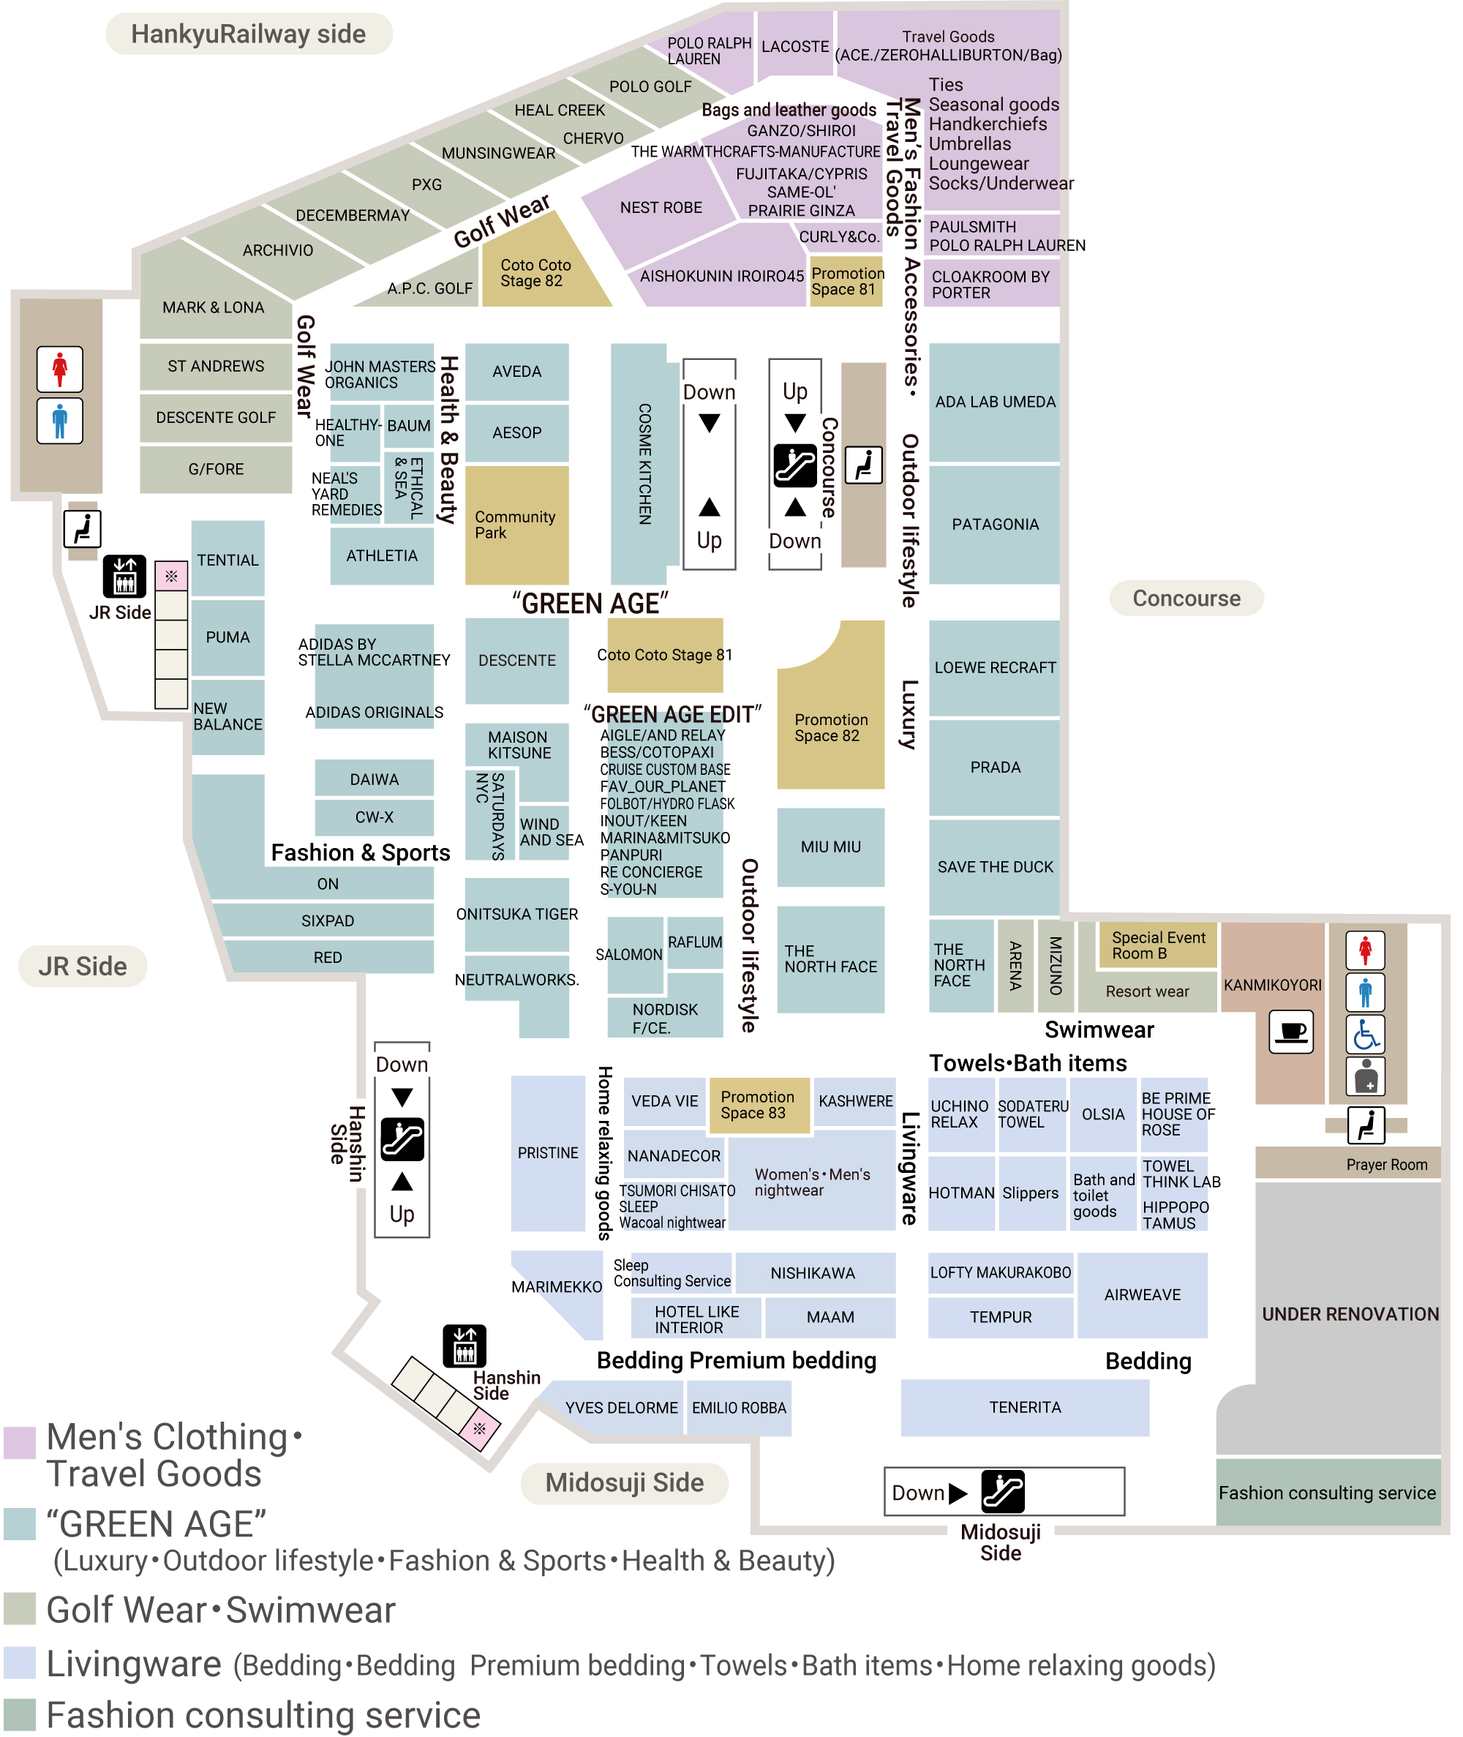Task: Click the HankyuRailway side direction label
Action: (249, 34)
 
